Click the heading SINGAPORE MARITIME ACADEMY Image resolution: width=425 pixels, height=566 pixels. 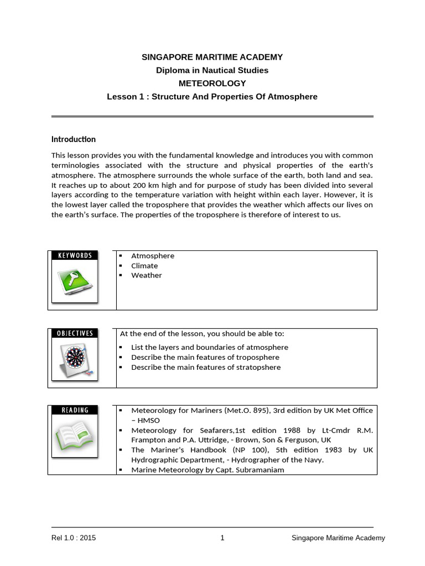click(x=212, y=57)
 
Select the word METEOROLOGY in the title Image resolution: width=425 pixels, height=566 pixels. click(x=212, y=83)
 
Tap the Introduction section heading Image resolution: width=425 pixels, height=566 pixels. click(x=74, y=139)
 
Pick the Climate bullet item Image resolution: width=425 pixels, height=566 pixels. click(x=144, y=265)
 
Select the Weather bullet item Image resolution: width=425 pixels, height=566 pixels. click(x=147, y=275)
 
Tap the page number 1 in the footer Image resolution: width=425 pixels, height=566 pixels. click(x=222, y=538)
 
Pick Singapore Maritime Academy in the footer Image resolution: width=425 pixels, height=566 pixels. click(x=338, y=538)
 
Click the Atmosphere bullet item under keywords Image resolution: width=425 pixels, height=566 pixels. click(x=153, y=256)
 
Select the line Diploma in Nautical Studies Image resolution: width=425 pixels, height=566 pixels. click(x=212, y=70)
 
